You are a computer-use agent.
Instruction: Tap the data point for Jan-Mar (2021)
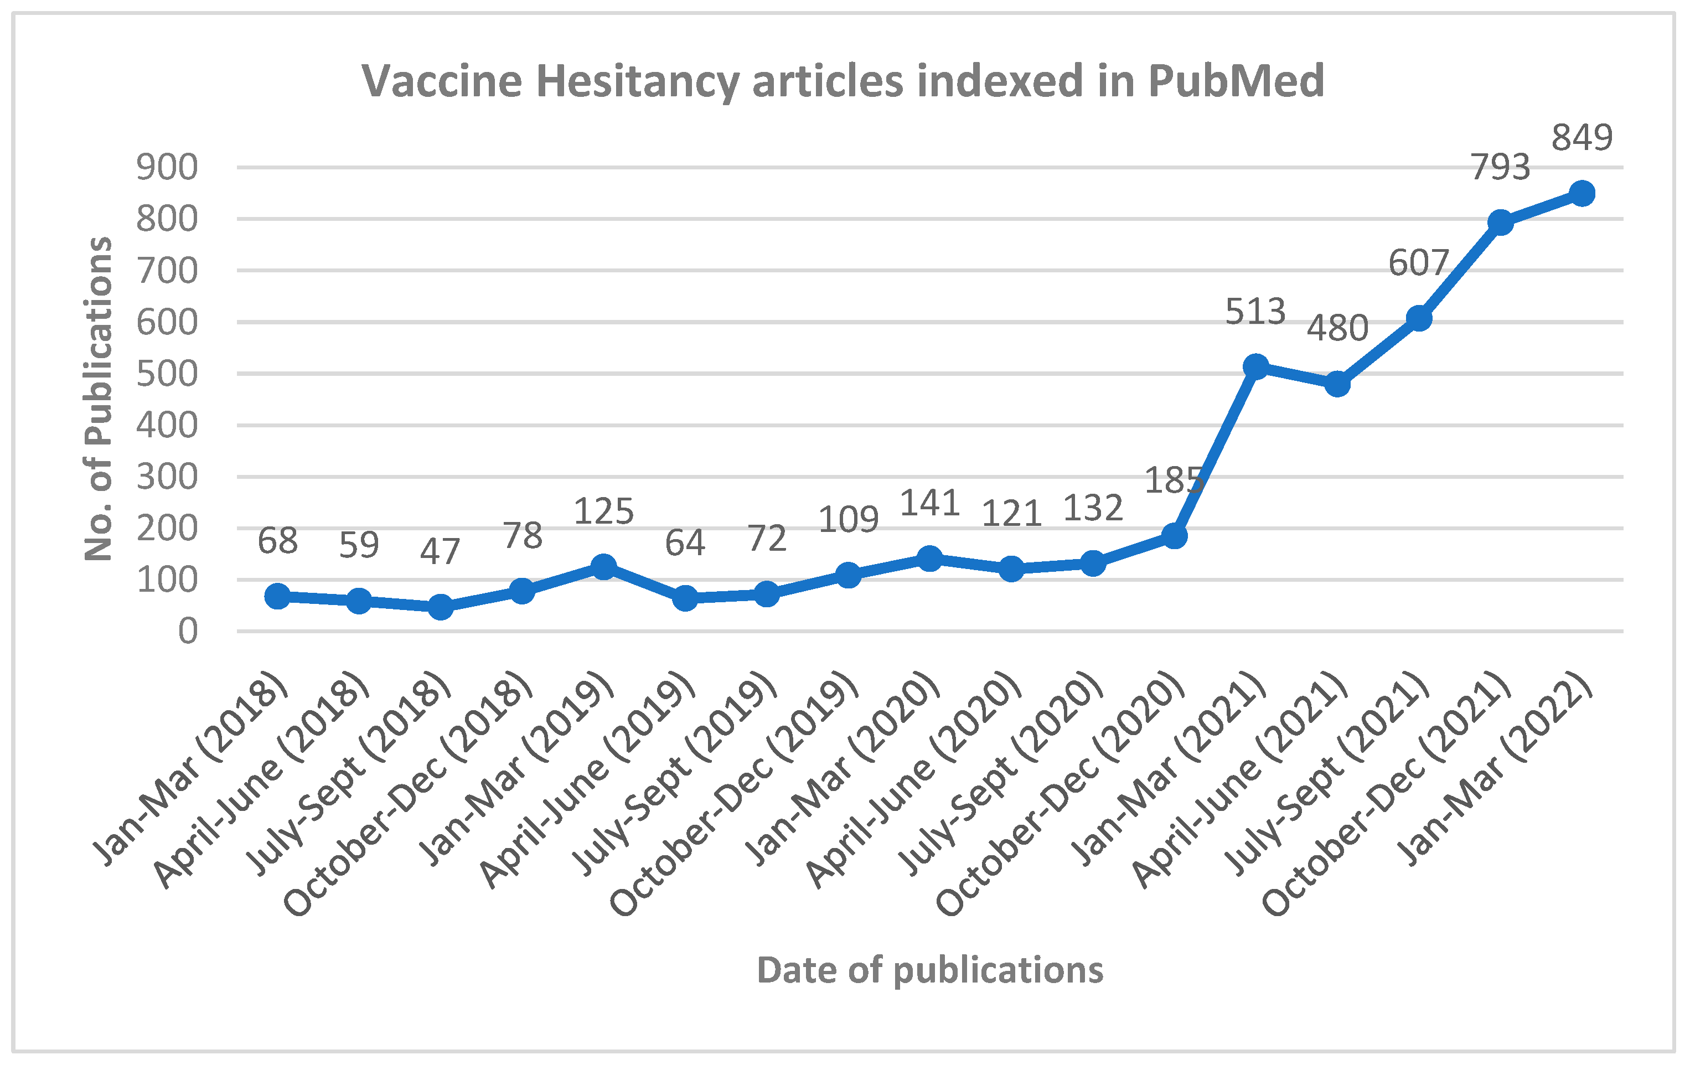click(x=1255, y=366)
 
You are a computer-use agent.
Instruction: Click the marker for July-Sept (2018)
click(x=440, y=607)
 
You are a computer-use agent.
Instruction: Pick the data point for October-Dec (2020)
click(x=1174, y=536)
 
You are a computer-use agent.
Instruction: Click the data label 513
click(x=1255, y=312)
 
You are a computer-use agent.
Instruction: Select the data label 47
click(x=440, y=552)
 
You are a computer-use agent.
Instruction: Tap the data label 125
click(x=603, y=511)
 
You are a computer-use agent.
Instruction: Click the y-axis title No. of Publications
click(x=99, y=399)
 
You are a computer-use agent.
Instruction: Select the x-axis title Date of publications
click(x=930, y=971)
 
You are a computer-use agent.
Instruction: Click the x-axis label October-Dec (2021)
click(x=1386, y=793)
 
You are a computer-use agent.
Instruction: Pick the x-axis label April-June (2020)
click(x=912, y=779)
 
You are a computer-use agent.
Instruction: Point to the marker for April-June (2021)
click(x=1337, y=384)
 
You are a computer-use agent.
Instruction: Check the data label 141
click(x=930, y=504)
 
